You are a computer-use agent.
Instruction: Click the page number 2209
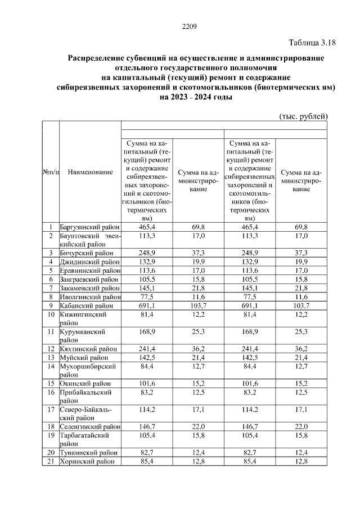tap(188, 27)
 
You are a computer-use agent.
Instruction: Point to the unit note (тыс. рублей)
tap(303, 116)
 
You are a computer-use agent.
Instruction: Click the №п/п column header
tap(51, 172)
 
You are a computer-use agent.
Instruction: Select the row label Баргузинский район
tap(89, 226)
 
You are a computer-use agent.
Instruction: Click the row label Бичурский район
tap(85, 254)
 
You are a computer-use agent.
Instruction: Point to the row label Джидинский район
tap(89, 262)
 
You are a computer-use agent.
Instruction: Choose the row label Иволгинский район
tap(90, 296)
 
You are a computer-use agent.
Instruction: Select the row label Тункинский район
tap(88, 453)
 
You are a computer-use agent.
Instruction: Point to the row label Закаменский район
tap(90, 288)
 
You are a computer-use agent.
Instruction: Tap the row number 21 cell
tap(51, 462)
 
